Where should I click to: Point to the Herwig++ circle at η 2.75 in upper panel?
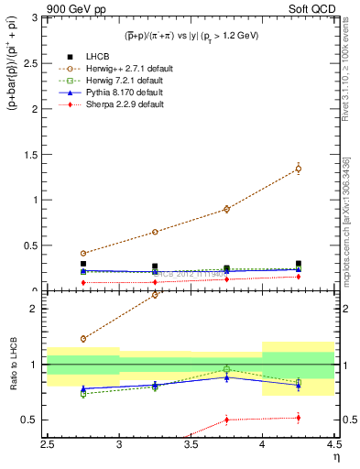[83, 253]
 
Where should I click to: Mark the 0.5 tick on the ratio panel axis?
[36, 420]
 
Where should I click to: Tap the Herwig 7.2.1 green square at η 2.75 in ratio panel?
[83, 394]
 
